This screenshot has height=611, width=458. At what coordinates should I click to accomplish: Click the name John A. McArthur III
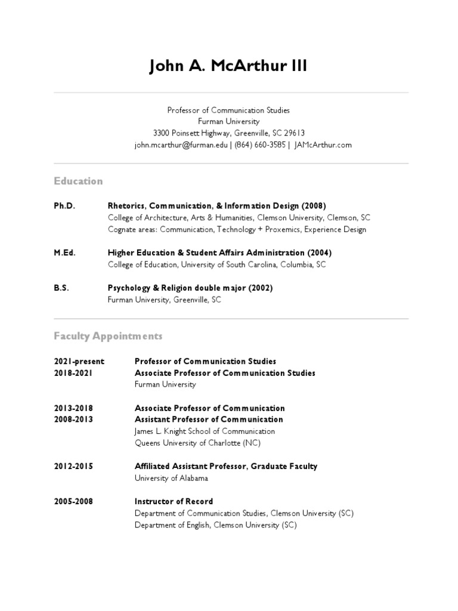point(228,66)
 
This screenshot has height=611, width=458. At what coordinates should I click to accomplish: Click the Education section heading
point(78,181)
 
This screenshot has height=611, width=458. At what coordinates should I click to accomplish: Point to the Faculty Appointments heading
point(108,336)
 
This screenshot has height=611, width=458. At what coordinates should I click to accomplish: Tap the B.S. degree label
point(61,288)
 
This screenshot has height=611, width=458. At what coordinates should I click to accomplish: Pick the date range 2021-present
point(79,361)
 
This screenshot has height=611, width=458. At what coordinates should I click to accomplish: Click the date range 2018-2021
point(73,373)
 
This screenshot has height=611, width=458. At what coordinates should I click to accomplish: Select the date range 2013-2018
point(73,408)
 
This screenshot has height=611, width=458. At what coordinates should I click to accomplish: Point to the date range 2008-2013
point(73,419)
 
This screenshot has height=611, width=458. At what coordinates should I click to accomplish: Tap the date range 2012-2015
point(73,466)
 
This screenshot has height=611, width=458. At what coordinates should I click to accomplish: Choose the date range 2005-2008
point(73,501)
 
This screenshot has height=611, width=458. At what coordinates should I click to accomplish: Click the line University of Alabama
point(171,478)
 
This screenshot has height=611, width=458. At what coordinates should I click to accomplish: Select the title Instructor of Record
point(174,501)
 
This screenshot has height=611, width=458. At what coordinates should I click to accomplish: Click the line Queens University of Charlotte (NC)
point(197,443)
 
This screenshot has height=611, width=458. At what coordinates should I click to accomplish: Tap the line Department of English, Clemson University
point(215,525)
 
